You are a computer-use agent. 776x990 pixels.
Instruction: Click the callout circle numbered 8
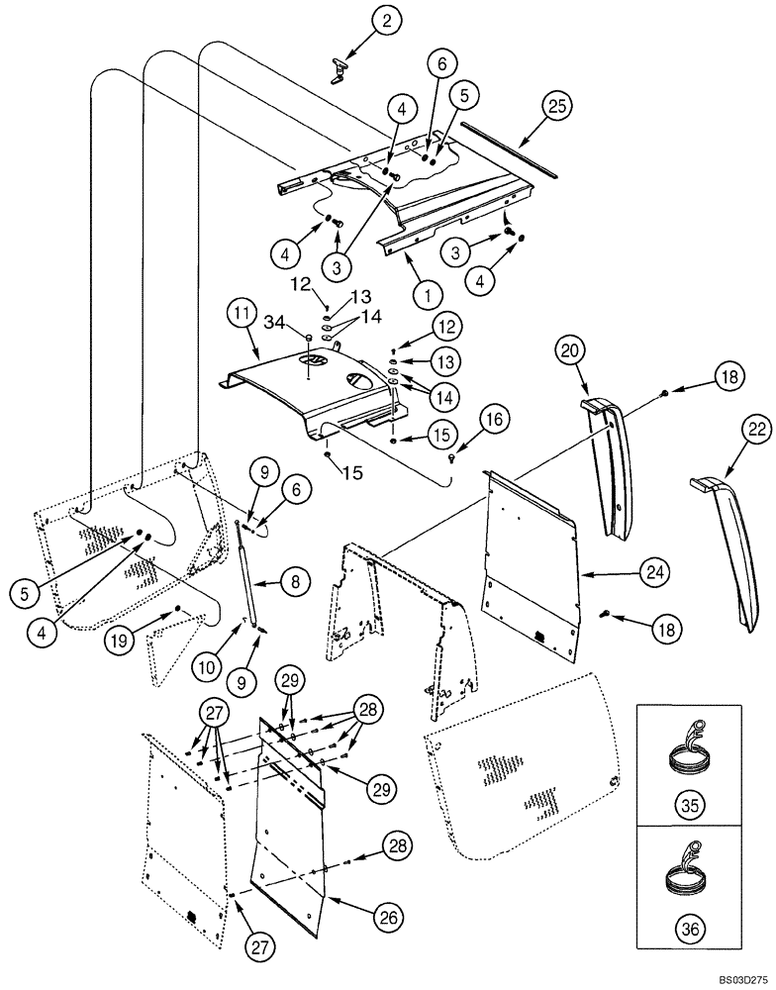(x=294, y=584)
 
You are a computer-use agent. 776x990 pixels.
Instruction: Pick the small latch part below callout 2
(x=340, y=69)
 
